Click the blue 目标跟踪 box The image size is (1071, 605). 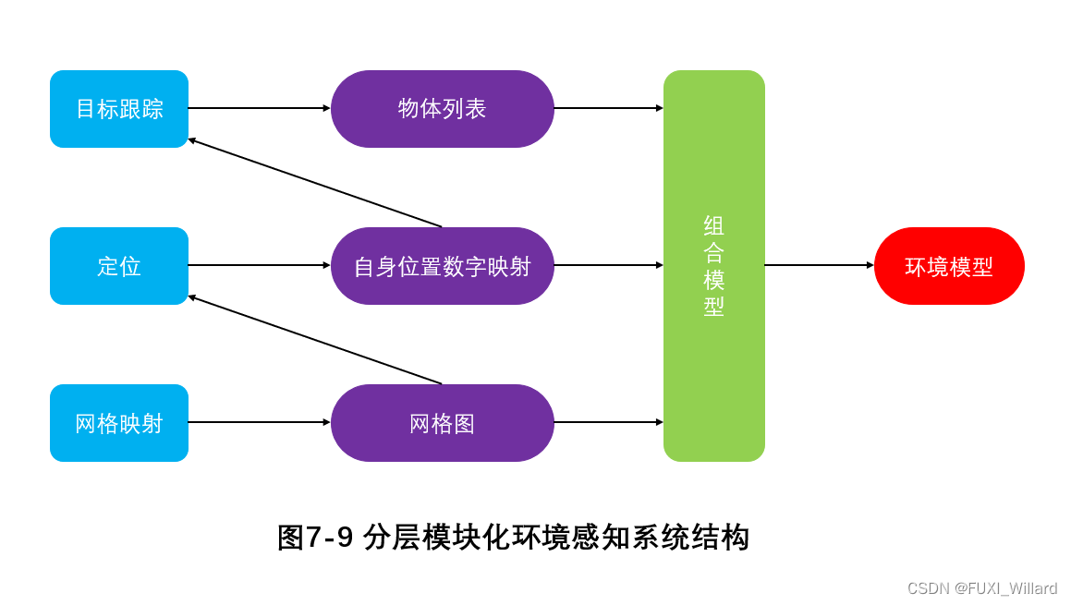point(119,109)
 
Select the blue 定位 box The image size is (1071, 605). point(119,266)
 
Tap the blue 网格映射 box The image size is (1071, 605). point(119,423)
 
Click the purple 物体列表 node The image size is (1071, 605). point(442,109)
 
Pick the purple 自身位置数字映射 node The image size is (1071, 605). point(442,266)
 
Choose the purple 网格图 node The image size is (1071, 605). point(442,423)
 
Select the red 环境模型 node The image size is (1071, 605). point(949,266)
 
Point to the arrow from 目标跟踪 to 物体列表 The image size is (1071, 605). point(259,108)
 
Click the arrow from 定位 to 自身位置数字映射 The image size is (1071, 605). point(259,265)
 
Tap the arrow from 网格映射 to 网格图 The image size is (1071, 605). point(259,422)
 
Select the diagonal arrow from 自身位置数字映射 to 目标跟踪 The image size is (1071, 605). point(314,183)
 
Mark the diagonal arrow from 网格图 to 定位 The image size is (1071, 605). point(314,340)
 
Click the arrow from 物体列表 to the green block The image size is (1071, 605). point(608,108)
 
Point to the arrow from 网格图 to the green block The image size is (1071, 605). point(608,422)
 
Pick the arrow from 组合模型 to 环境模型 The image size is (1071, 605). point(819,265)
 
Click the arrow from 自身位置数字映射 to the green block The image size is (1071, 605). point(608,265)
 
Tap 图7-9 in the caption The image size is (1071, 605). point(315,538)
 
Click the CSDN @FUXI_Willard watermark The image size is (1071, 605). point(981,588)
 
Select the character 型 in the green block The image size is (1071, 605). point(713,307)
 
